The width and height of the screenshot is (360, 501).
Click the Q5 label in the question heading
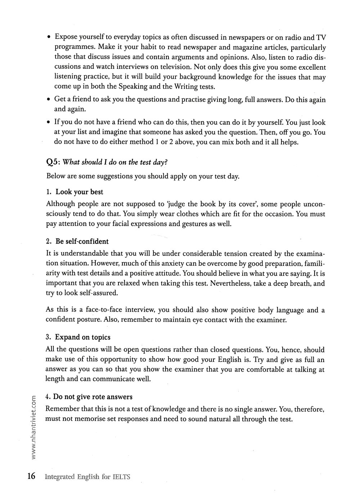[53, 162]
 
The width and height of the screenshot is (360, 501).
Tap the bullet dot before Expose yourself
[49, 37]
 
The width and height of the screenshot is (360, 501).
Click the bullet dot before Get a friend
[49, 99]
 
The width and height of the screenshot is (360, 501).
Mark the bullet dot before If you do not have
[49, 122]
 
